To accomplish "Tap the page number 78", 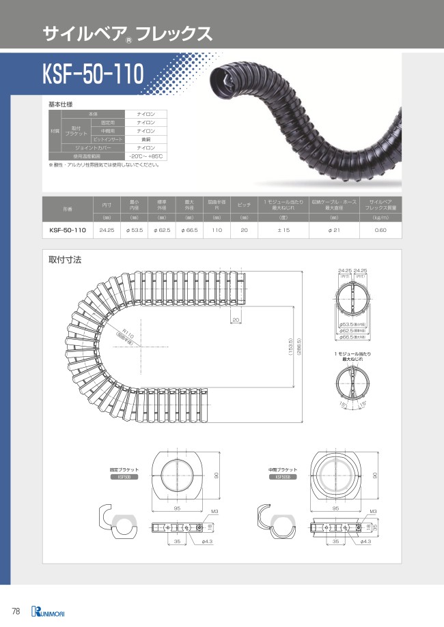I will (15, 609).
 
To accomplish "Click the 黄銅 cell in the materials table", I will (145, 138).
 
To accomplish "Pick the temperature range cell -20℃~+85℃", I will (145, 156).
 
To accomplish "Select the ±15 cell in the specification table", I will (285, 231).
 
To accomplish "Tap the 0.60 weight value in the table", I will (380, 231).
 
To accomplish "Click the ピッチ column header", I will (243, 205).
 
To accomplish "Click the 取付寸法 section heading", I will (65, 260).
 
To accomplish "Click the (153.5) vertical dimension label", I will (290, 349).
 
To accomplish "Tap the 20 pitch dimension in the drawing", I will (235, 319).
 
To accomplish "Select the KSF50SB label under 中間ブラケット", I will (282, 478).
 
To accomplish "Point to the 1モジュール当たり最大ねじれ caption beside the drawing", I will (352, 356).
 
